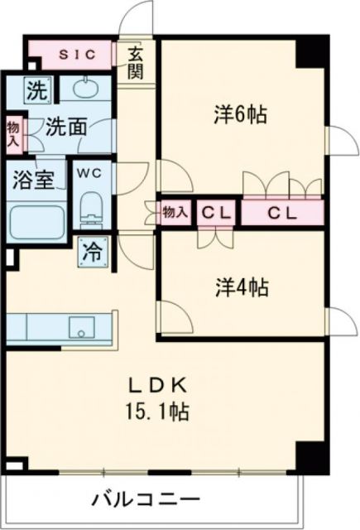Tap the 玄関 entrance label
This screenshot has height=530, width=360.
click(135, 63)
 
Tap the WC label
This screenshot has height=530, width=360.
click(89, 173)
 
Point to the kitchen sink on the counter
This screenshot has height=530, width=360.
click(82, 326)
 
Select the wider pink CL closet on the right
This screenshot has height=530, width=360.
click(282, 213)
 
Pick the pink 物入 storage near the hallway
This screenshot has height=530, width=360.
click(175, 213)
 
